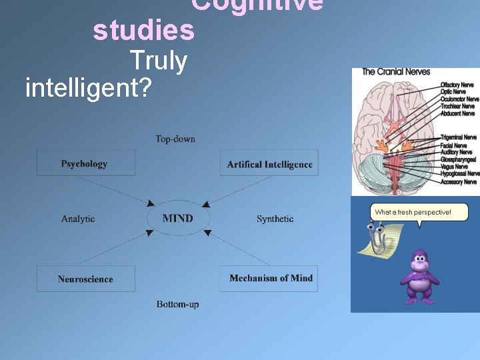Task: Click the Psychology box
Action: [85, 163]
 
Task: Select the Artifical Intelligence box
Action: [269, 163]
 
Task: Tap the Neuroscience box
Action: [85, 279]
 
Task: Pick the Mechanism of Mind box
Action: [269, 278]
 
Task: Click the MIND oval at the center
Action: [178, 218]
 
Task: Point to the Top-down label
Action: [175, 139]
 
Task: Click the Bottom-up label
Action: [177, 304]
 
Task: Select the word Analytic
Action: [78, 219]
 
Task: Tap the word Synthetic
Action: [275, 219]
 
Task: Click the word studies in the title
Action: [143, 31]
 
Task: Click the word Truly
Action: [159, 61]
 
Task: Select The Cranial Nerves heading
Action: [396, 71]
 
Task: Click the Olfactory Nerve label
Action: [457, 85]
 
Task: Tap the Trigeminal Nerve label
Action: [459, 137]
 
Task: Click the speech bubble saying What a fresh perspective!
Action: [419, 213]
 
